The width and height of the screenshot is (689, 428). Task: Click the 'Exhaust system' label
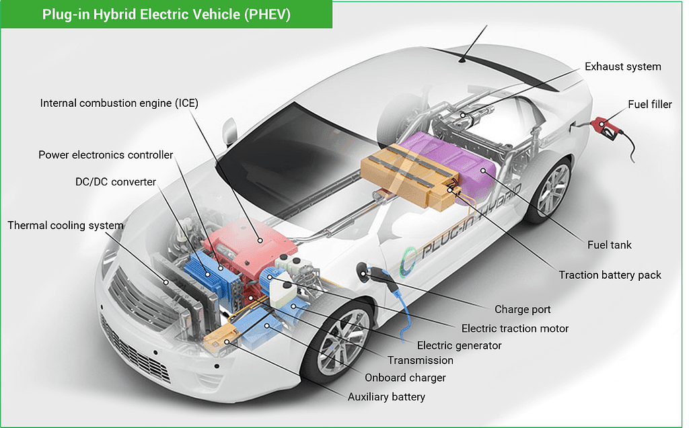(x=622, y=67)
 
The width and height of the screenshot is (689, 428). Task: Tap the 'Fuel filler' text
(x=650, y=104)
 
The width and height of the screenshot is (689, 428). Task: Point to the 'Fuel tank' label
(x=610, y=245)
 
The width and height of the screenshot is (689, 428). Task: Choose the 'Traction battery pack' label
(x=610, y=275)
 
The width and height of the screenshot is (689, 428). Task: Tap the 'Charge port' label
(x=522, y=310)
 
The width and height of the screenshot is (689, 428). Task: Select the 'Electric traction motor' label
(x=515, y=329)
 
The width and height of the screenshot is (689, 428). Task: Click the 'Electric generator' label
(x=459, y=345)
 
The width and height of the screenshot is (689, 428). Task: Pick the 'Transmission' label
(x=420, y=360)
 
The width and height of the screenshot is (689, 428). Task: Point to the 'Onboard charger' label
(x=405, y=378)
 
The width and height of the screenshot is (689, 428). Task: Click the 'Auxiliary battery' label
(x=386, y=397)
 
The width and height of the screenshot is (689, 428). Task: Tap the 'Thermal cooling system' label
(x=65, y=226)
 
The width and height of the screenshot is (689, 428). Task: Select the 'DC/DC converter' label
(x=116, y=181)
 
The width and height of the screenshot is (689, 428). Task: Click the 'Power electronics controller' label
(x=106, y=155)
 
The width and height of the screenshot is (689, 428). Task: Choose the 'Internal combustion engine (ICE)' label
(x=119, y=103)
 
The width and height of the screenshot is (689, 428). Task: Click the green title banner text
(x=166, y=15)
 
